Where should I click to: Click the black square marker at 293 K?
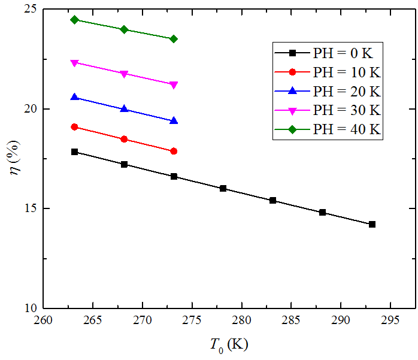point(372,224)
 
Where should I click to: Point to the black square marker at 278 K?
point(223,188)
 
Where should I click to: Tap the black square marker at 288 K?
point(322,212)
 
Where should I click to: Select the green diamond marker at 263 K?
point(74,20)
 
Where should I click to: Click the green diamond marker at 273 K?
point(174,39)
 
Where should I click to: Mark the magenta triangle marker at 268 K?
point(124,74)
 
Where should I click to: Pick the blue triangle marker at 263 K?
point(74,97)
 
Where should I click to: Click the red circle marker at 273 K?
point(174,151)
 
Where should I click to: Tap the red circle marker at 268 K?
point(124,139)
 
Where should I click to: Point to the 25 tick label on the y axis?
point(30,10)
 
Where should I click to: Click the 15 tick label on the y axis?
point(30,208)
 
